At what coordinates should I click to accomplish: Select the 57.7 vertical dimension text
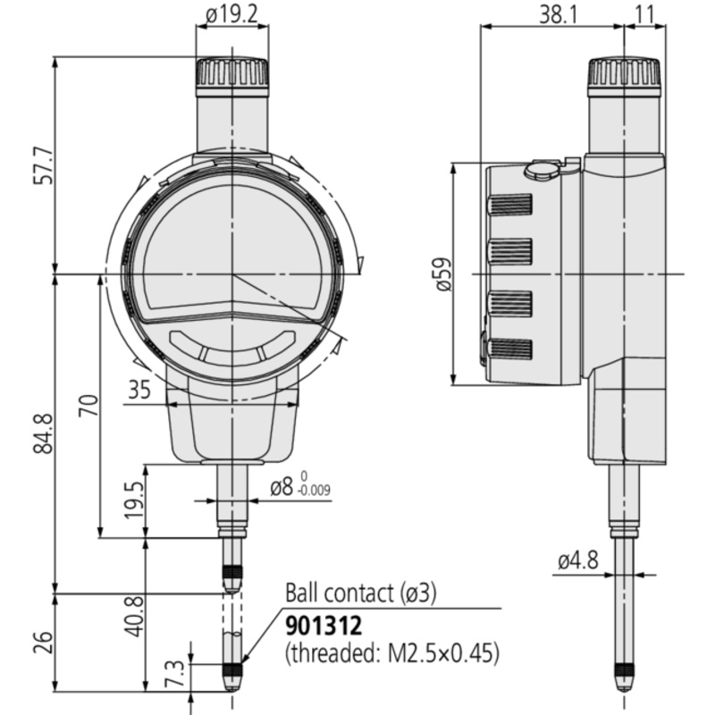click(46, 165)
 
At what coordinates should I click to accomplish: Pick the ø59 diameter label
click(443, 274)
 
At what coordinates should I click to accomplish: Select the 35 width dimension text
click(139, 390)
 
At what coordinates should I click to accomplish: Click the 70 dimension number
click(88, 405)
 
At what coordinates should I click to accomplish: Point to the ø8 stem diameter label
click(281, 487)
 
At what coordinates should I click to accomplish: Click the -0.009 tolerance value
click(314, 491)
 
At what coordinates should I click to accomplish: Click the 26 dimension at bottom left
click(44, 642)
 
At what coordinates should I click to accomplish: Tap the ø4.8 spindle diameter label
click(578, 560)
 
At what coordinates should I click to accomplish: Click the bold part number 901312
click(324, 627)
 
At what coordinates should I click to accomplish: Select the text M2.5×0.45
click(441, 653)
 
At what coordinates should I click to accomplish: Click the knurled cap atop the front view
click(232, 72)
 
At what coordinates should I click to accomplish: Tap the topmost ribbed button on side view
click(509, 205)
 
